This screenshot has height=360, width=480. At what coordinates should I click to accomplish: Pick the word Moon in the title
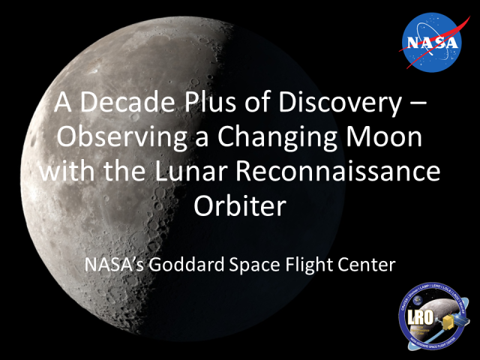pyautogui.click(x=389, y=139)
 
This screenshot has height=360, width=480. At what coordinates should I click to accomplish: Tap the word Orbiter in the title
pyautogui.click(x=241, y=205)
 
